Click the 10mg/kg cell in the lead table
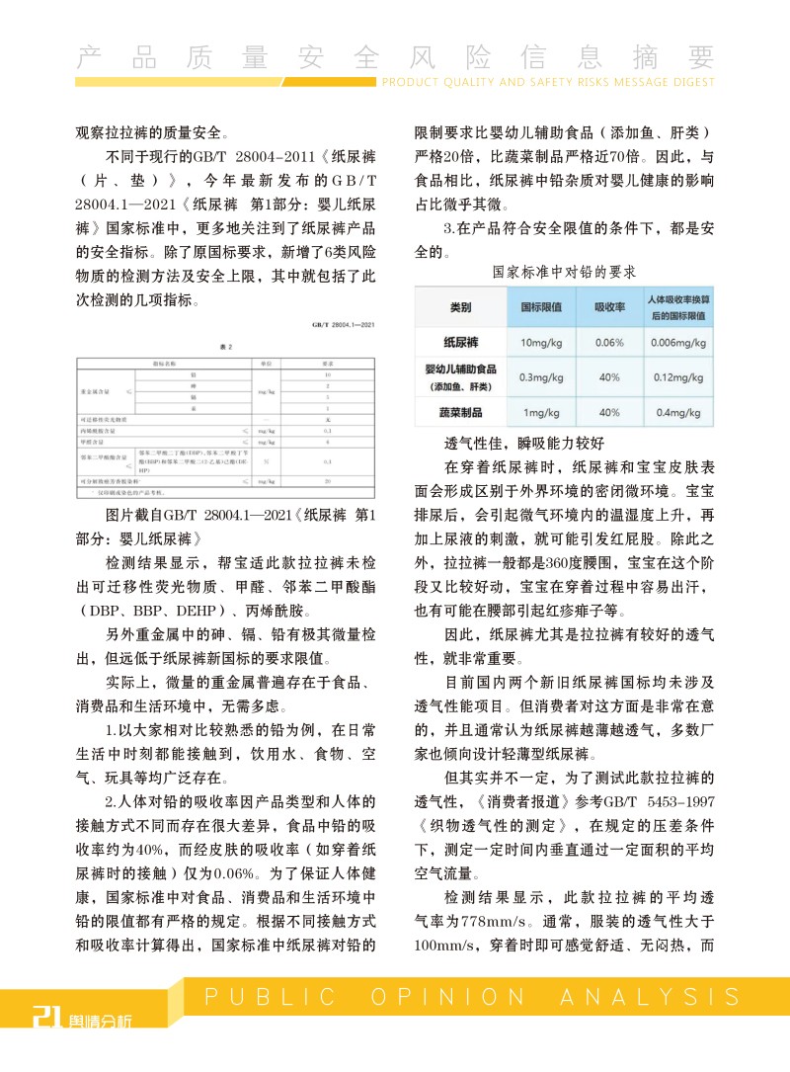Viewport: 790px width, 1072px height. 541,343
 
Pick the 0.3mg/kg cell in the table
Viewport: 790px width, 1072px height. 541,377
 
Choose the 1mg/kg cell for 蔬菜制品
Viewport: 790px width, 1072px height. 541,412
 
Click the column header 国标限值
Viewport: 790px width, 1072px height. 541,306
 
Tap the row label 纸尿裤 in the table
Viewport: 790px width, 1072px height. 460,343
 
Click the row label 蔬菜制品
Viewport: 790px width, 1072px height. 460,412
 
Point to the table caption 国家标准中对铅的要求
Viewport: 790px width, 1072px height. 564,270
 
